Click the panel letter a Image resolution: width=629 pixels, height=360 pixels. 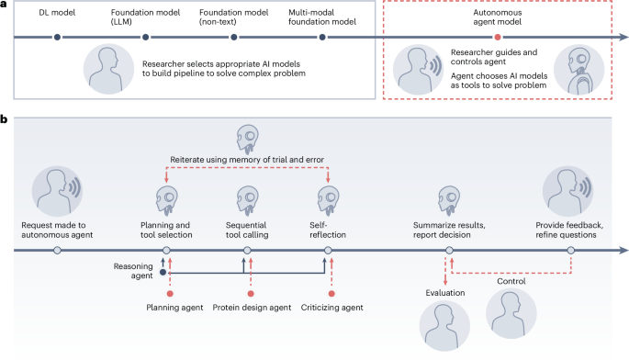click(x=5, y=6)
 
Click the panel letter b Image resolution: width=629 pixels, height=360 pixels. click(x=6, y=119)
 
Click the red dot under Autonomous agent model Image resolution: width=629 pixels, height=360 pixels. click(x=497, y=38)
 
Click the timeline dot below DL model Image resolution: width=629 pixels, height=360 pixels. click(x=57, y=38)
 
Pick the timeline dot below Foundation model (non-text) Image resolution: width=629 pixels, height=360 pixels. click(x=235, y=38)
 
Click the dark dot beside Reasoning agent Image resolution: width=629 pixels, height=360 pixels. click(x=164, y=272)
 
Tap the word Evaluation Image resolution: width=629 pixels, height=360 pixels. click(x=445, y=293)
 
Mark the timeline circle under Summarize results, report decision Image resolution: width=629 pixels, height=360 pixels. click(x=448, y=250)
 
